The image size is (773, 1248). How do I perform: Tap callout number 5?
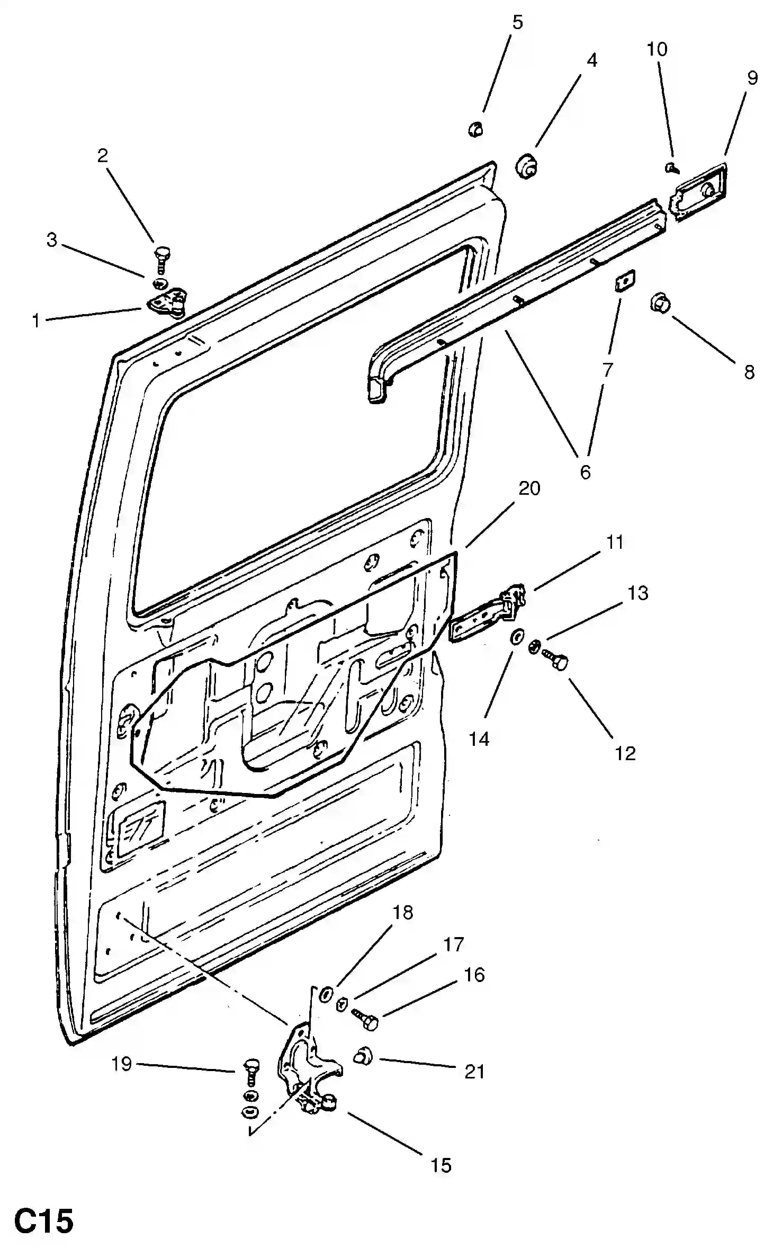pyautogui.click(x=517, y=22)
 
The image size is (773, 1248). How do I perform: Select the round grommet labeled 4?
pyautogui.click(x=526, y=166)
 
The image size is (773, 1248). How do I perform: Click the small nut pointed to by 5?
pyautogui.click(x=475, y=129)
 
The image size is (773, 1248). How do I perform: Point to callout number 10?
pyautogui.click(x=657, y=49)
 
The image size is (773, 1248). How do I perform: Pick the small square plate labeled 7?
pyautogui.click(x=625, y=279)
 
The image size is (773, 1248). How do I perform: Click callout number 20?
pyautogui.click(x=529, y=488)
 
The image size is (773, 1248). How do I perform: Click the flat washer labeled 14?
pyautogui.click(x=517, y=637)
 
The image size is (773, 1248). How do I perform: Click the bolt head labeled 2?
pyautogui.click(x=161, y=252)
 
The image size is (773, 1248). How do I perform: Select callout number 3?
pyautogui.click(x=51, y=240)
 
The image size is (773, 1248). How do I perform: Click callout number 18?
pyautogui.click(x=402, y=912)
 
